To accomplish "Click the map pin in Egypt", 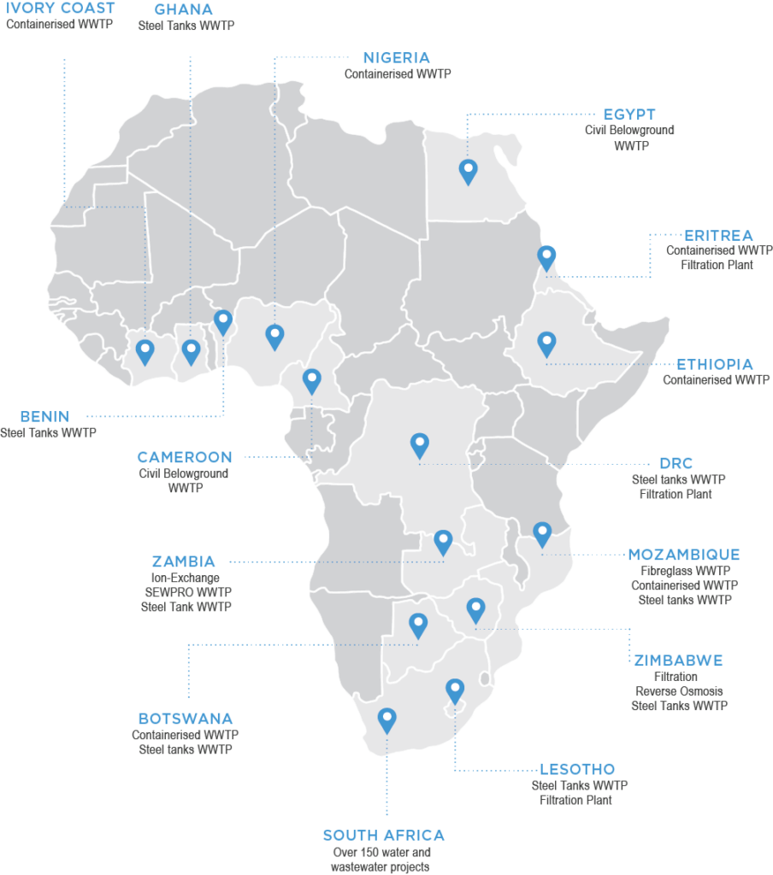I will (x=468, y=169).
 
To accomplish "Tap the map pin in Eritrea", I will (x=546, y=255).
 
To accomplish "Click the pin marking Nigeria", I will (x=274, y=335).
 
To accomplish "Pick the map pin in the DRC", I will (x=419, y=443).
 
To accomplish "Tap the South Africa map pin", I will (x=386, y=719).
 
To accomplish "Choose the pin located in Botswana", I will (x=417, y=624).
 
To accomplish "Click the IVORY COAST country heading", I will (x=60, y=9).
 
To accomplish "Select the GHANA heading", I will (x=184, y=9).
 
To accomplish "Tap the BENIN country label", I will (x=44, y=416).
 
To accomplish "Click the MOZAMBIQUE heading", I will (x=684, y=555).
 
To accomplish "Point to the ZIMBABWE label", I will (x=678, y=661).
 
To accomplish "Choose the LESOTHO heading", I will (x=577, y=769).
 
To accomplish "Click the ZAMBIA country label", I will (x=184, y=561).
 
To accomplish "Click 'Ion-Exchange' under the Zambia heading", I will (x=186, y=578).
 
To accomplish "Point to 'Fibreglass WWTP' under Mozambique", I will (x=684, y=571).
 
